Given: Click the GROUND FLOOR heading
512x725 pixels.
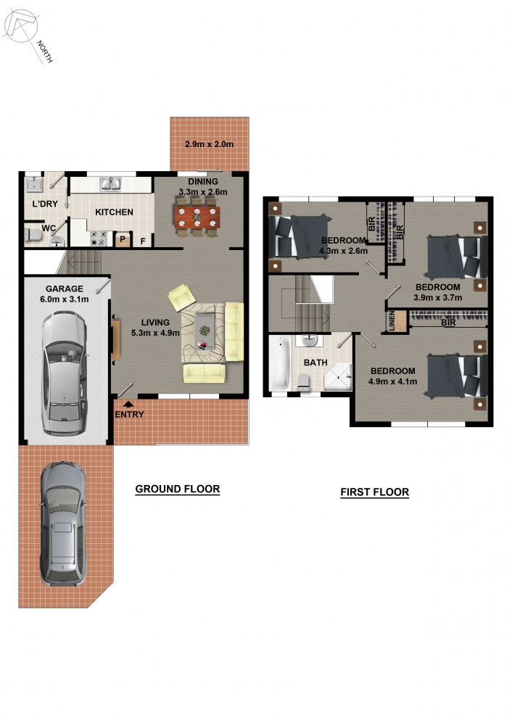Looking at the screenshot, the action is pyautogui.click(x=178, y=489).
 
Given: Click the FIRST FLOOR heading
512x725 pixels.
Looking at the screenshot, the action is pyautogui.click(x=375, y=492).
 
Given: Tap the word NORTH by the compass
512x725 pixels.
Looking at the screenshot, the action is pyautogui.click(x=45, y=51).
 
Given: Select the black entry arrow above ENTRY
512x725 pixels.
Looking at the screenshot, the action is pyautogui.click(x=128, y=405).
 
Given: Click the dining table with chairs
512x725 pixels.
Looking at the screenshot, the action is pyautogui.click(x=197, y=216).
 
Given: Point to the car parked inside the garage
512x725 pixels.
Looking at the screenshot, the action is pyautogui.click(x=65, y=373).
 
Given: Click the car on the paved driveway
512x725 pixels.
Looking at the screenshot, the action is pyautogui.click(x=63, y=523).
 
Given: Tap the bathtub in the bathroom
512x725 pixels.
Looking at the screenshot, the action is pyautogui.click(x=281, y=363).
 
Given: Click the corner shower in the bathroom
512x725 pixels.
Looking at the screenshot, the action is pyautogui.click(x=338, y=377).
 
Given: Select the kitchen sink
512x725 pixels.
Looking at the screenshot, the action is pyautogui.click(x=111, y=184).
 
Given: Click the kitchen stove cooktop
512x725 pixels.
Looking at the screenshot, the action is pyautogui.click(x=99, y=238).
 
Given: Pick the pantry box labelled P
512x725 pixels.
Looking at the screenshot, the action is pyautogui.click(x=123, y=239).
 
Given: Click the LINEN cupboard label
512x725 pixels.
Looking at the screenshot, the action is pyautogui.click(x=392, y=321).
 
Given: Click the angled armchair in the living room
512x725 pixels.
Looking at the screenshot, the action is pyautogui.click(x=181, y=297).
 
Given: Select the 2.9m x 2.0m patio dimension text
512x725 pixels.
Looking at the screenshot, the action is pyautogui.click(x=209, y=144).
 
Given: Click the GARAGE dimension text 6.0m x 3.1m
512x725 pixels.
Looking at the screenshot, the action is pyautogui.click(x=65, y=299).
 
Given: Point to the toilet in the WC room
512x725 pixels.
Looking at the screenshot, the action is pyautogui.click(x=33, y=234).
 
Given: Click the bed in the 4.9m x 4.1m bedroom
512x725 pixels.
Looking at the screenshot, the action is pyautogui.click(x=456, y=376).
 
